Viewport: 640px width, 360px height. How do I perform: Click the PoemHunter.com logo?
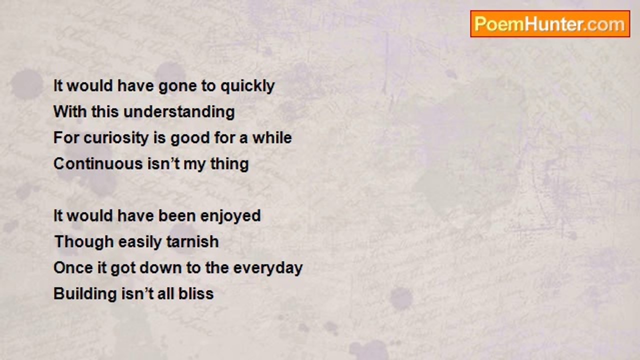(550, 24)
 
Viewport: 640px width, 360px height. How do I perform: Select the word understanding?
(179, 111)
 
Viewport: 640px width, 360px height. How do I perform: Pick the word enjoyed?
(230, 216)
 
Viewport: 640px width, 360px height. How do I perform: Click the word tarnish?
(192, 241)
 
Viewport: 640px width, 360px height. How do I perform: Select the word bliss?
(196, 293)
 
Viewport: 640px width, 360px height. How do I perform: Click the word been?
(176, 215)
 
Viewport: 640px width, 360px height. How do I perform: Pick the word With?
(70, 111)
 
